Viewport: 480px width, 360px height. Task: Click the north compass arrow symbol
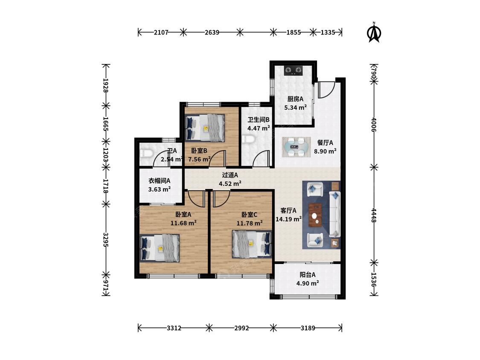pyautogui.click(x=373, y=32)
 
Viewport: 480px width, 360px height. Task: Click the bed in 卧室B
pyautogui.click(x=205, y=128)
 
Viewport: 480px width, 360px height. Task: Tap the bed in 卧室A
pyautogui.click(x=160, y=248)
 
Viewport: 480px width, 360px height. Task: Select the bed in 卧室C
pyautogui.click(x=252, y=244)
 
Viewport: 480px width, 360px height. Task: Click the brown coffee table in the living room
pyautogui.click(x=315, y=215)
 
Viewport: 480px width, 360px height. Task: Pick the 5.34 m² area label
pyautogui.click(x=295, y=107)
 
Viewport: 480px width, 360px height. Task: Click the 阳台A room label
pyautogui.click(x=307, y=275)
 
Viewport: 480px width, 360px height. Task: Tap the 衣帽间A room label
pyautogui.click(x=159, y=181)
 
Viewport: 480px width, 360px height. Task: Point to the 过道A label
pyautogui.click(x=230, y=175)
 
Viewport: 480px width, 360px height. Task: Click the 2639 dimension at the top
pyautogui.click(x=212, y=32)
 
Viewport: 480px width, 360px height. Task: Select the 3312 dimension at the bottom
pyautogui.click(x=174, y=328)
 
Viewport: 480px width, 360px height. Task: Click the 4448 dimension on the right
pyautogui.click(x=374, y=215)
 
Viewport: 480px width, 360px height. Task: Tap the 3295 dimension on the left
pyautogui.click(x=106, y=240)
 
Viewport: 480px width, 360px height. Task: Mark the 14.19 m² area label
pyautogui.click(x=288, y=219)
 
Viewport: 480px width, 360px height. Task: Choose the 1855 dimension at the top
pyautogui.click(x=294, y=32)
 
